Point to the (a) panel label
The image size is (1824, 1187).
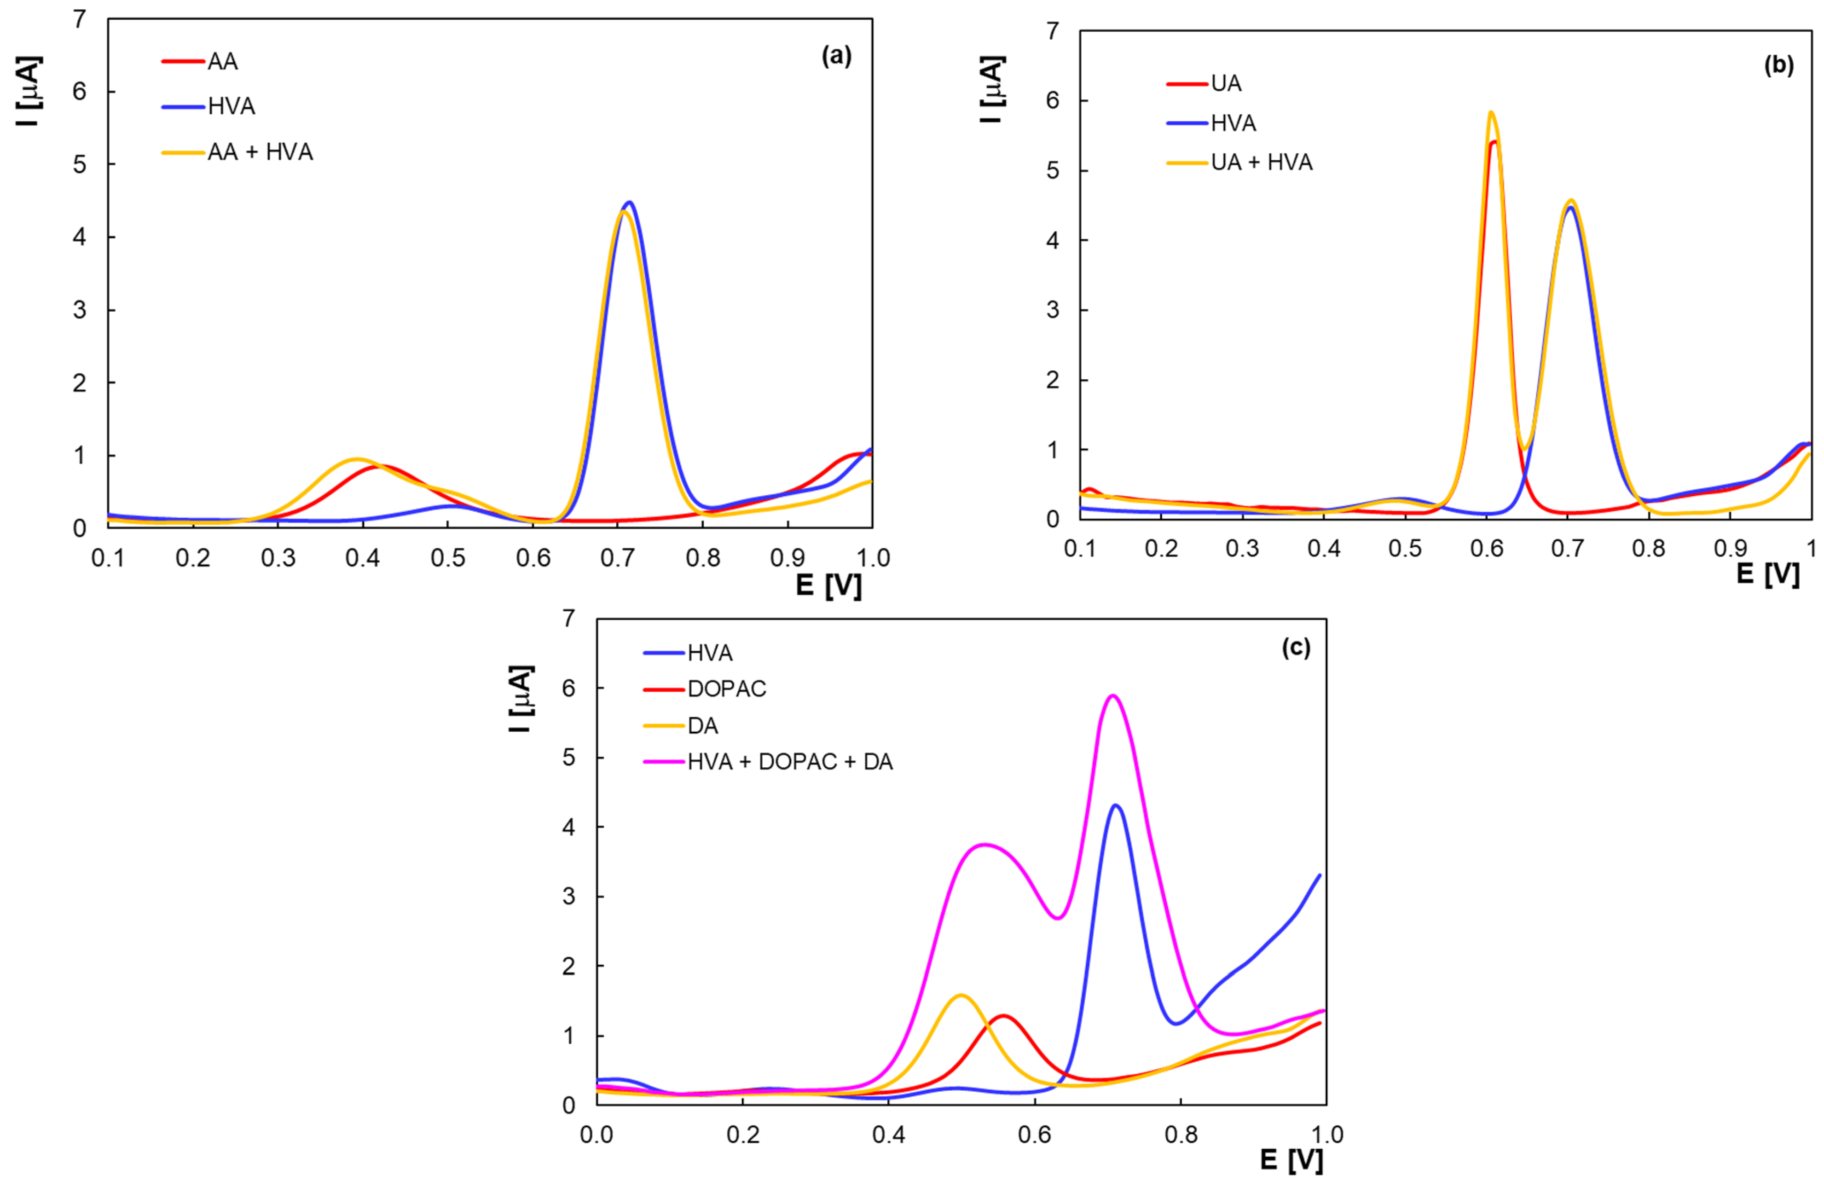pos(836,56)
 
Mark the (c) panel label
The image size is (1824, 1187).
pos(1296,649)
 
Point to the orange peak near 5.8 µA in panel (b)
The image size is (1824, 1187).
pos(1491,113)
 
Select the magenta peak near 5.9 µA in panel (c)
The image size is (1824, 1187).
pos(1112,696)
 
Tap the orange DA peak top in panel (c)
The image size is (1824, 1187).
pos(961,996)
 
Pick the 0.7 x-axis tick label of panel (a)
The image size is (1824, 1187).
pos(618,558)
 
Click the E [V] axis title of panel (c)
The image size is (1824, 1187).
pos(1291,1160)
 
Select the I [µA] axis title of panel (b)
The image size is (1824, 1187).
pos(993,90)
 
